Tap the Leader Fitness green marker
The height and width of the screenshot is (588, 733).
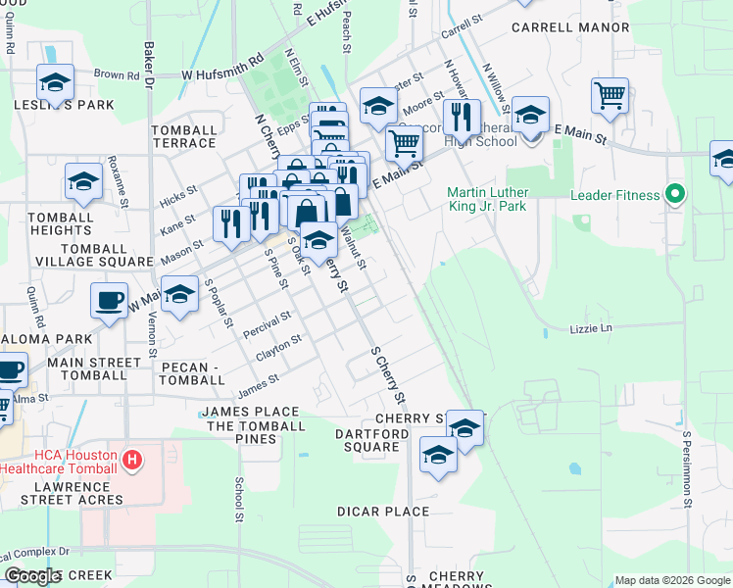(x=673, y=194)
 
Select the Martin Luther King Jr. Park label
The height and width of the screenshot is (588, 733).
(x=487, y=199)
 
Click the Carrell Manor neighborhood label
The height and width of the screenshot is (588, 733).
(x=570, y=27)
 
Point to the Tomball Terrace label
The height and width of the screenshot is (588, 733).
(x=184, y=136)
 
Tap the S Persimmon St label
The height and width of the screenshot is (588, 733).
(x=688, y=462)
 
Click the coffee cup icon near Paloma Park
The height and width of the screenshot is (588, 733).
(x=109, y=299)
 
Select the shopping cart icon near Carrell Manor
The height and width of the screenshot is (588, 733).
(x=610, y=96)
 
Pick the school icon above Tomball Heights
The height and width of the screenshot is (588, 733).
(x=84, y=181)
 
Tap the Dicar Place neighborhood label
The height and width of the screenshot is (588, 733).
(x=383, y=512)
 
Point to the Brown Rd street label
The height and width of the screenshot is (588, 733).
(x=117, y=74)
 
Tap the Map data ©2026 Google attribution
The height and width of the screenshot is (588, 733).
(x=671, y=580)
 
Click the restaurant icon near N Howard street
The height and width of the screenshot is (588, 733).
(x=461, y=118)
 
